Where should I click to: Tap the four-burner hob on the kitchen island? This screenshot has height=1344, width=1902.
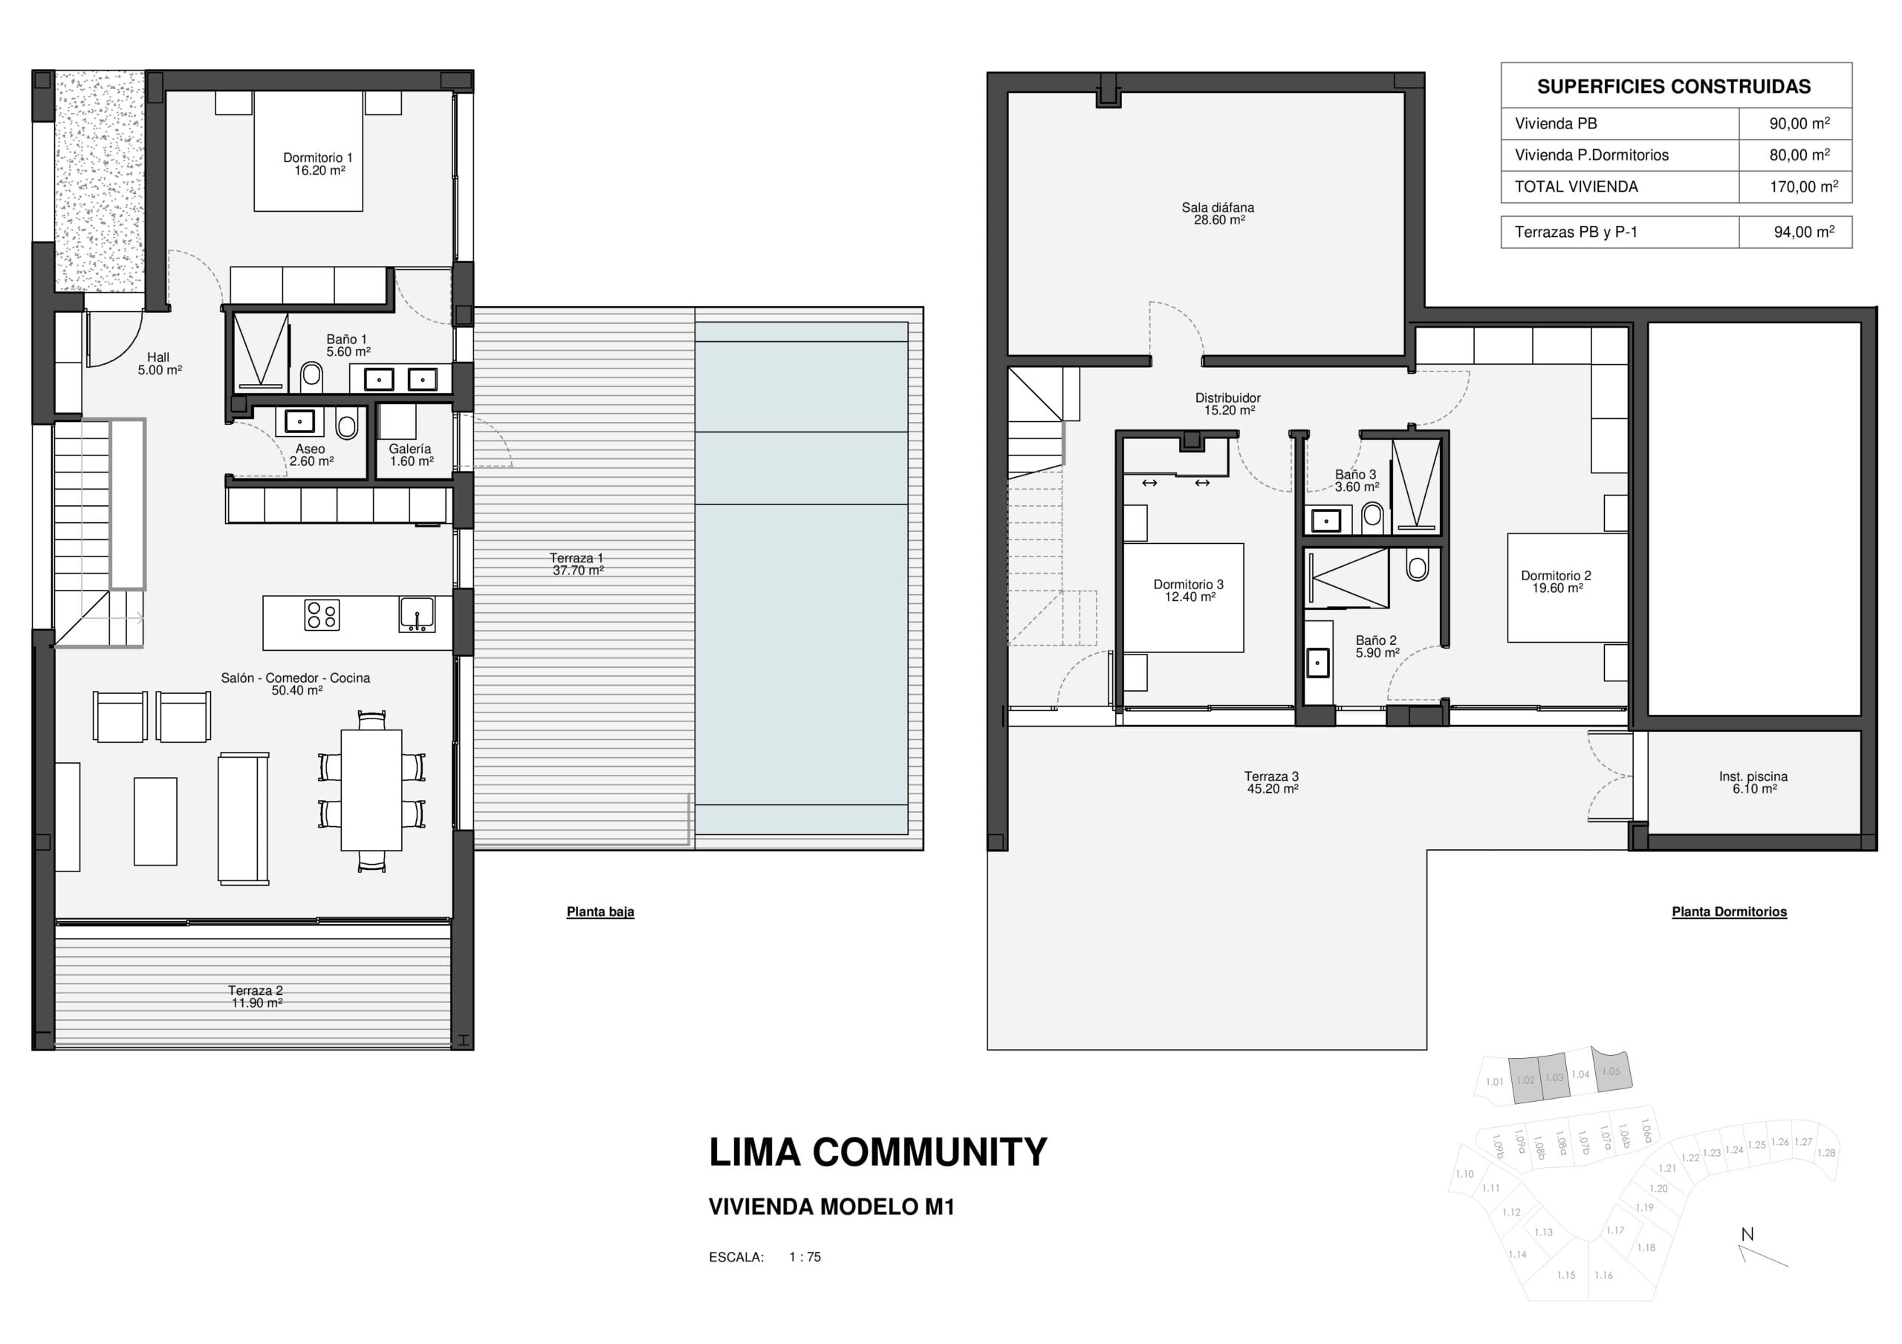pos(322,616)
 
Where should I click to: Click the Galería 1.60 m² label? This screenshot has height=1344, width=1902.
pos(411,455)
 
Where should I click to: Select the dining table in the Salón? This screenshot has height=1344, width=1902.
pos(371,790)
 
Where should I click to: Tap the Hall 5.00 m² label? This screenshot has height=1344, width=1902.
pos(159,364)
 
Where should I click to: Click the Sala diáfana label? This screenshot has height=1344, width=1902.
pos(1218,214)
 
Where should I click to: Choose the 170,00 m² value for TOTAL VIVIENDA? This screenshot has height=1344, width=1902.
pos(1803,186)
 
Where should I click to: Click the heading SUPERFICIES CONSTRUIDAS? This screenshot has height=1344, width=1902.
pos(1673,86)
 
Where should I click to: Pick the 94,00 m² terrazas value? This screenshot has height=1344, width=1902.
pos(1803,232)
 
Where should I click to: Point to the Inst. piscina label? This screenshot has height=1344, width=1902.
pos(1753,782)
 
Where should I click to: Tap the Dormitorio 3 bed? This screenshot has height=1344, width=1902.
pos(1183,597)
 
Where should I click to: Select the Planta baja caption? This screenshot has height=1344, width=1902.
pos(600,912)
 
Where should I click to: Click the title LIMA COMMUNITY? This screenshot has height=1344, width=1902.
pos(878,1152)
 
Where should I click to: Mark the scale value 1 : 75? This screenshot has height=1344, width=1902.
pos(805,1257)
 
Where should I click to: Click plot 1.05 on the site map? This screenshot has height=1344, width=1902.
pos(1611,1071)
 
